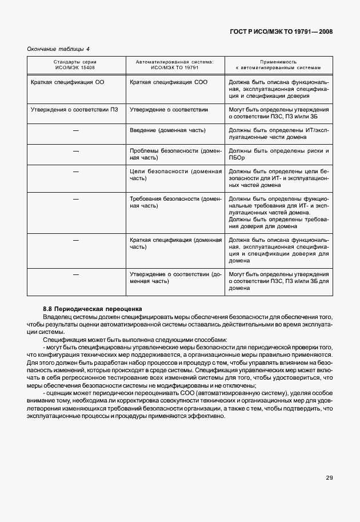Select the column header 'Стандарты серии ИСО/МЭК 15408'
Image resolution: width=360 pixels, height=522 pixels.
click(75, 64)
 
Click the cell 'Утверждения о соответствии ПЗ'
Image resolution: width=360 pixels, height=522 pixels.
click(74, 109)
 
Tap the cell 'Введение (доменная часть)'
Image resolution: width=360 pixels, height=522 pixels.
click(167, 130)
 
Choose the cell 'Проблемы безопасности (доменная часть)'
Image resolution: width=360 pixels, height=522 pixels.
click(175, 154)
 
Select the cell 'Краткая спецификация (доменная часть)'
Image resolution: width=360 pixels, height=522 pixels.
click(175, 244)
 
